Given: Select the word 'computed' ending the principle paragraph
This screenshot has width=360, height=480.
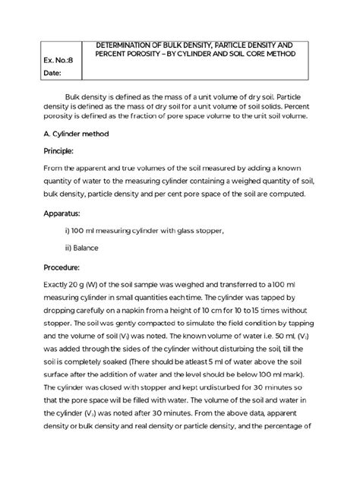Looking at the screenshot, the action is tap(284, 194).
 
